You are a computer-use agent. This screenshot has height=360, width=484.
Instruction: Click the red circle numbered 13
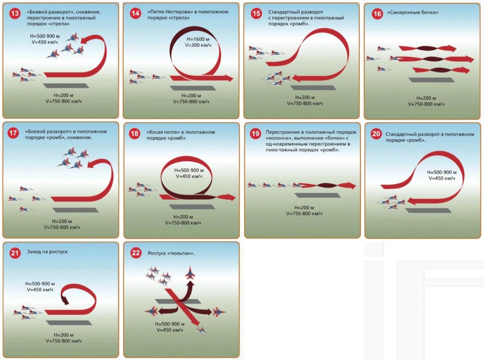(15, 14)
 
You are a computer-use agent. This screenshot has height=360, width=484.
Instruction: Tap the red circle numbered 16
(377, 14)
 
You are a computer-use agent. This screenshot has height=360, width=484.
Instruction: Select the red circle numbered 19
(256, 133)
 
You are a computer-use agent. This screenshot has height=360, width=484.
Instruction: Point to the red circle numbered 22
(136, 253)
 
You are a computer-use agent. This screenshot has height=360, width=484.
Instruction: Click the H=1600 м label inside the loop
(198, 39)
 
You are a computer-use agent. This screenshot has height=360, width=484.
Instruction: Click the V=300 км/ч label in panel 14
(198, 45)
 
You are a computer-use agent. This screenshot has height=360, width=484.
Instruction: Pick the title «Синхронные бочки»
(413, 12)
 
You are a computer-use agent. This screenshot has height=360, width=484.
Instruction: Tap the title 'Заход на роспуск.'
(48, 252)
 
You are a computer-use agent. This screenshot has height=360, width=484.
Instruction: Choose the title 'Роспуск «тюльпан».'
(171, 253)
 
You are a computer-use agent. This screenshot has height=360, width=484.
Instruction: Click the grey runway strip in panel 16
(432, 80)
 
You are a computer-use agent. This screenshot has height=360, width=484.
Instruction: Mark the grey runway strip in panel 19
(317, 195)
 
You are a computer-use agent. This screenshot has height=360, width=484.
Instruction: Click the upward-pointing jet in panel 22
(190, 273)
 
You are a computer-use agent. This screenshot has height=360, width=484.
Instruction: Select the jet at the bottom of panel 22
(201, 330)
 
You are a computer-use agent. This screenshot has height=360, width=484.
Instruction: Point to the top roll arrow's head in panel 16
(451, 48)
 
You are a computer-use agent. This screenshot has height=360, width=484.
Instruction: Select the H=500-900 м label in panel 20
(442, 173)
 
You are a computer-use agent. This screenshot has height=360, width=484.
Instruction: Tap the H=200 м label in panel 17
(62, 221)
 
